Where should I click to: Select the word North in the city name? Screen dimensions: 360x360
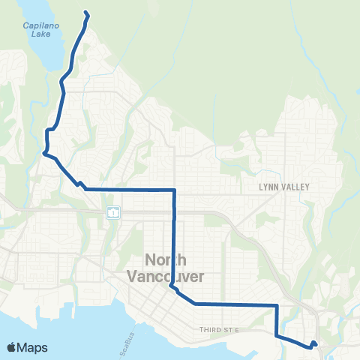(x=161, y=262)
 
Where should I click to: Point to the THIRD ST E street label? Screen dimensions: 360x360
(x=218, y=329)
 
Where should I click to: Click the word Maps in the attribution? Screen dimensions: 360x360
(x=32, y=348)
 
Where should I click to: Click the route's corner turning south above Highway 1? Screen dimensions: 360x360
(x=175, y=190)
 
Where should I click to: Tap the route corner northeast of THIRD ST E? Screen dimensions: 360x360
(x=277, y=305)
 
